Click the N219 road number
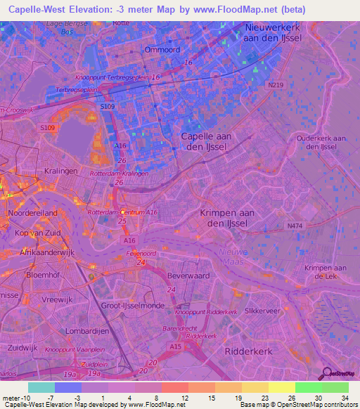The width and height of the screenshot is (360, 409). pyautogui.click(x=275, y=85)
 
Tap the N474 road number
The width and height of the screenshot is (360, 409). pyautogui.click(x=295, y=226)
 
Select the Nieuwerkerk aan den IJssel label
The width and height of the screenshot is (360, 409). pyautogui.click(x=273, y=32)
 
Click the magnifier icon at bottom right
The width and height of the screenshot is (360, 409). pyautogui.click(x=325, y=374)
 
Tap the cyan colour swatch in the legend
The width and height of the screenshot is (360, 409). pyautogui.click(x=41, y=387)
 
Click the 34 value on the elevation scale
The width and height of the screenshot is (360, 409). pyautogui.click(x=345, y=398)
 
